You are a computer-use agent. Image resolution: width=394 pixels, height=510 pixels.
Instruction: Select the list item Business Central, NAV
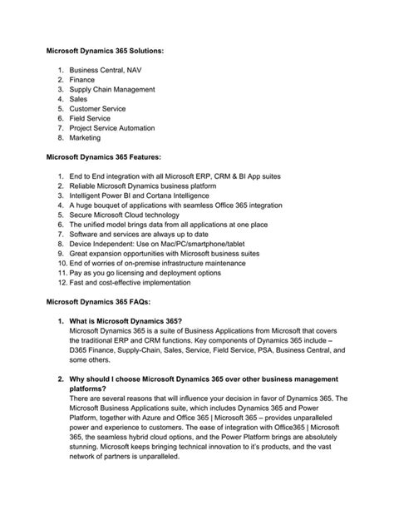coord(111,71)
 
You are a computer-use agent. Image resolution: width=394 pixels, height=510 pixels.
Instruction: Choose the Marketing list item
coord(86,138)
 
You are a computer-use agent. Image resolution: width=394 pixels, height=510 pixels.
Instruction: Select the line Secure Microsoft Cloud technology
coord(134,215)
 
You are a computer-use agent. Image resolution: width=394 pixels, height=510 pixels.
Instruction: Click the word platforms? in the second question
coord(92,389)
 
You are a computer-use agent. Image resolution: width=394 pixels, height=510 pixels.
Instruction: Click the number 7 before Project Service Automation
coord(61,128)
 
